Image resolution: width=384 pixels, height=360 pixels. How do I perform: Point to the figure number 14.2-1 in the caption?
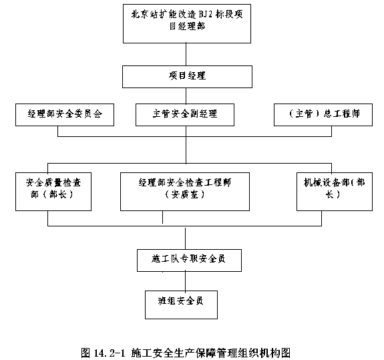click(x=110, y=353)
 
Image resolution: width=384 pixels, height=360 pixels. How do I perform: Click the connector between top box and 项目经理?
click(x=186, y=54)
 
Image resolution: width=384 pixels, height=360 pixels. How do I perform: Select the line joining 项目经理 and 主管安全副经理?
click(x=186, y=96)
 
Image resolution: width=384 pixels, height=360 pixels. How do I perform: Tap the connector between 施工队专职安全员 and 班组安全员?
click(x=186, y=281)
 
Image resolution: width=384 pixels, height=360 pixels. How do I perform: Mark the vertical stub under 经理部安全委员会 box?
click(x=58, y=132)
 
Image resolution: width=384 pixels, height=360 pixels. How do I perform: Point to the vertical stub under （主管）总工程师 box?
click(x=332, y=132)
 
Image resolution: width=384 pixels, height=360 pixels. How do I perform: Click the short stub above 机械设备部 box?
click(x=332, y=168)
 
